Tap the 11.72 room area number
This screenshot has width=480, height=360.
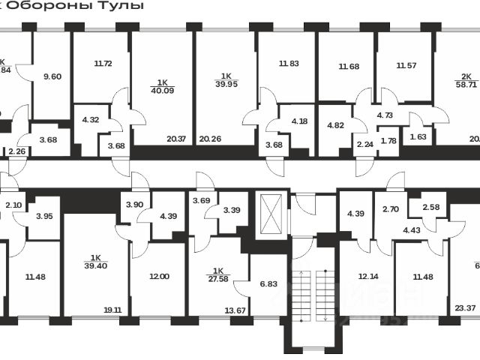click(103, 64)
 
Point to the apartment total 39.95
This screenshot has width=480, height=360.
click(226, 82)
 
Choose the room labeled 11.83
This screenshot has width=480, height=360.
click(289, 64)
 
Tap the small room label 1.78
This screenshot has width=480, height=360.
click(388, 141)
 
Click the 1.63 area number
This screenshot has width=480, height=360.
click(418, 137)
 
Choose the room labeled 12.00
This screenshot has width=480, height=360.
click(158, 276)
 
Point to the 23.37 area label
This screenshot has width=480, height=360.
click(466, 307)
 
